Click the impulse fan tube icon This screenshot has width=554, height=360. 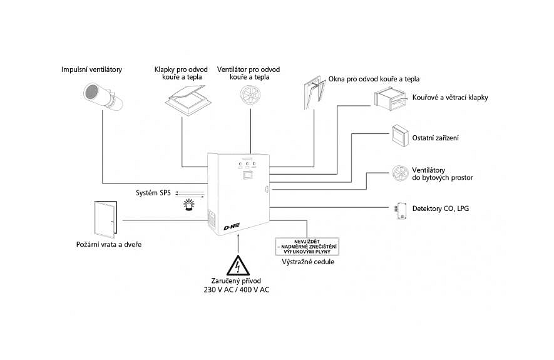(x=103, y=95)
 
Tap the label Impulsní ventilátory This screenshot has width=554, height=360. (x=91, y=69)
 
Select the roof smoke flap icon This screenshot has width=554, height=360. (x=190, y=100)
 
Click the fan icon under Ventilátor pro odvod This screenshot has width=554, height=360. (x=250, y=95)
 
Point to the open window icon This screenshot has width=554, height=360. (x=314, y=92)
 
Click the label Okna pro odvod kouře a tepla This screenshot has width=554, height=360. (x=374, y=79)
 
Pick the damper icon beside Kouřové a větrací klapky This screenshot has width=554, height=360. (x=390, y=98)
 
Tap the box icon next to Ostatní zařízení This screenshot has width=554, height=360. (x=400, y=135)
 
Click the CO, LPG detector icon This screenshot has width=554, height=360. (x=401, y=211)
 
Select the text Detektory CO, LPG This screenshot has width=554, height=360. (x=441, y=208)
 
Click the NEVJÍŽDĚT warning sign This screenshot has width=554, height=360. (x=307, y=247)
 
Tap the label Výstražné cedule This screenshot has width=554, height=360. (x=308, y=262)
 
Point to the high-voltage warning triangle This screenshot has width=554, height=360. (x=238, y=265)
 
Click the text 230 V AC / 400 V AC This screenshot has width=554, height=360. (x=237, y=290)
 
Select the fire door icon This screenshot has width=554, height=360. (x=106, y=220)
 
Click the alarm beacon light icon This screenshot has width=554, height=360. (x=188, y=205)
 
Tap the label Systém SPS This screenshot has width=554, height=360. (x=153, y=193)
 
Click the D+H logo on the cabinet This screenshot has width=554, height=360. (x=232, y=226)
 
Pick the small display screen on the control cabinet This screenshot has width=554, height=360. (x=247, y=175)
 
